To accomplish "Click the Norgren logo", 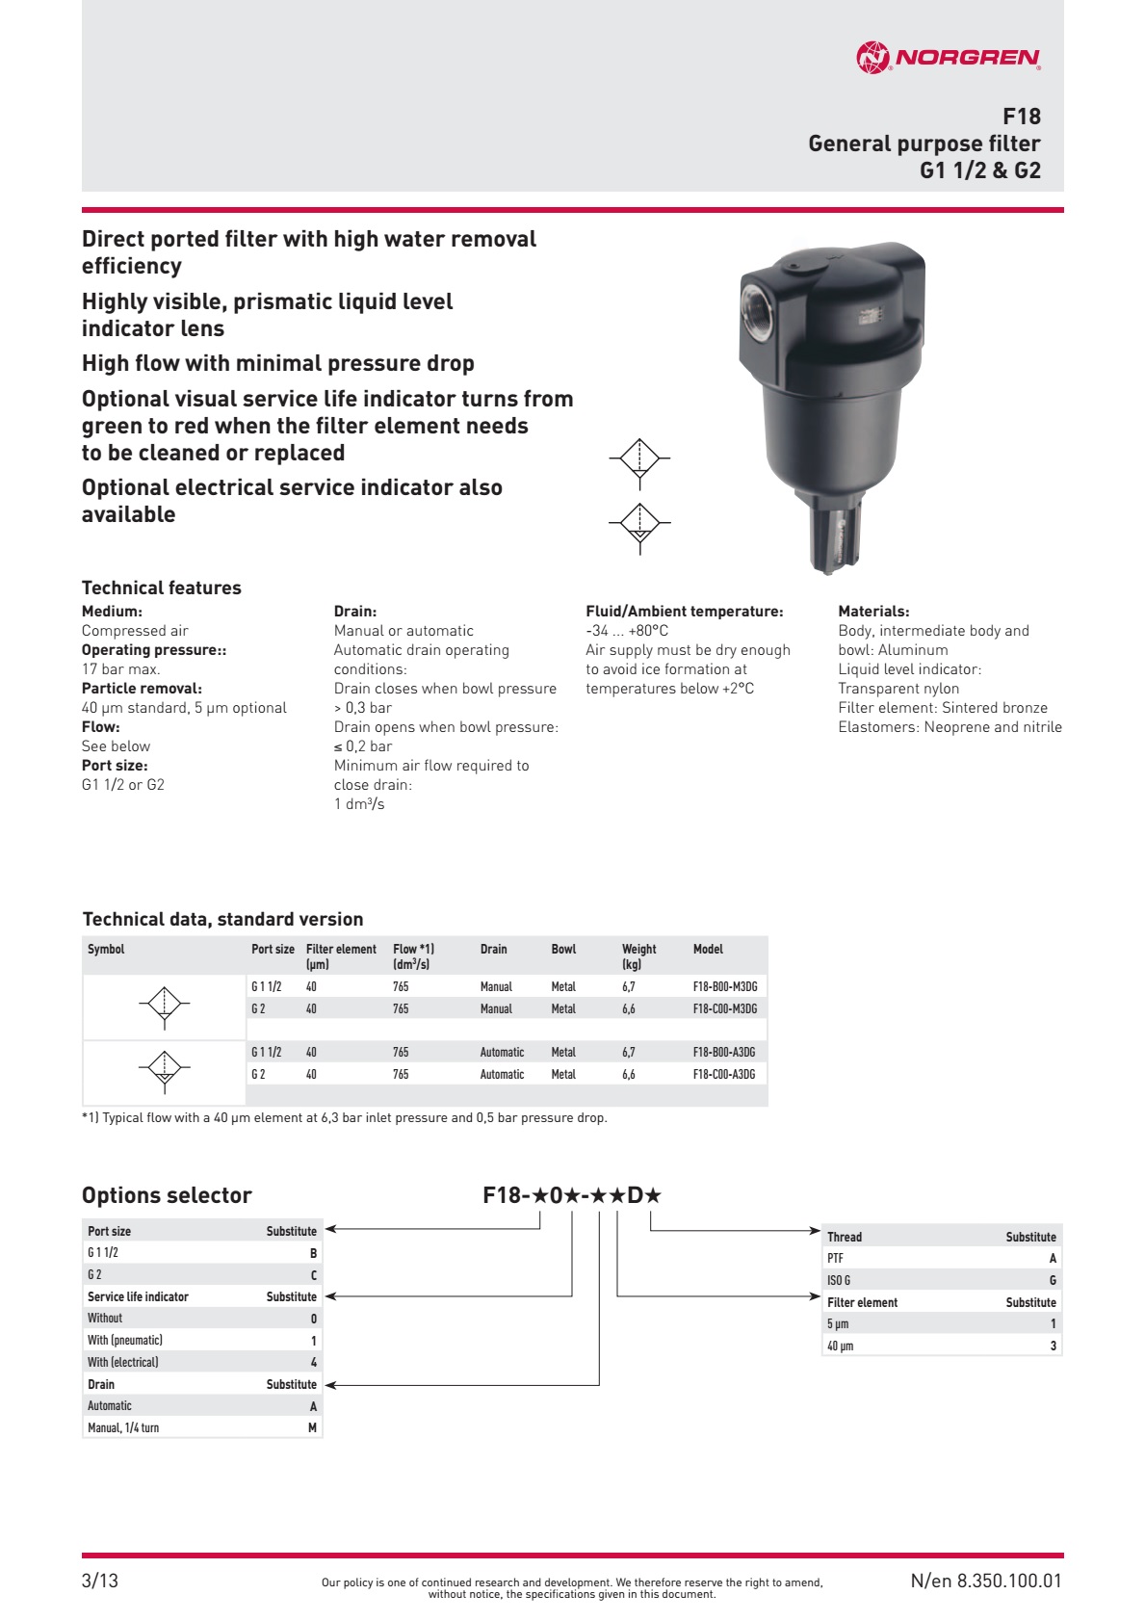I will point(948,58).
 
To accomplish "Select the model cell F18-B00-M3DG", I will point(724,986).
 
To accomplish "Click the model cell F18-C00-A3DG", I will point(724,1074).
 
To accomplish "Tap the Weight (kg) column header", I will point(638,955).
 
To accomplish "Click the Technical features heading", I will point(162,588).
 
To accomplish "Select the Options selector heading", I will point(167,1195).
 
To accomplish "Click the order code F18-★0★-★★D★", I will point(572,1195).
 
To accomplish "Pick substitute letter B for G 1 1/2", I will point(313,1253).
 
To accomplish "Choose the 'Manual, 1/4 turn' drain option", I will point(123,1427).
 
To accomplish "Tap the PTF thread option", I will point(835,1258).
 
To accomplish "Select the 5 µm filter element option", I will point(838,1323).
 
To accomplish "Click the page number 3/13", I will point(100,1580).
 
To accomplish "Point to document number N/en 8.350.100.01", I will point(985,1580).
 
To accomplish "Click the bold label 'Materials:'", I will point(873,611).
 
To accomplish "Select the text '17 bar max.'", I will point(121,668).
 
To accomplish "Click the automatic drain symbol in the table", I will point(165,1068).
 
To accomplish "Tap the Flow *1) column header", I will point(413,955).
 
